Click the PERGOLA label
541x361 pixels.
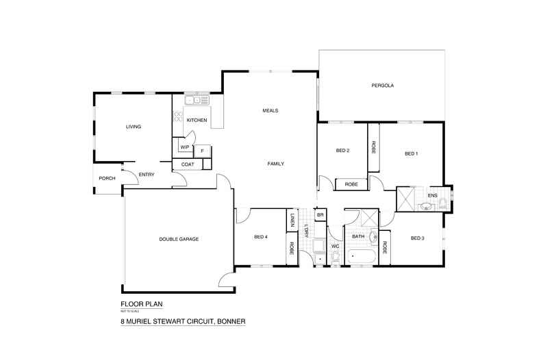point(383,86)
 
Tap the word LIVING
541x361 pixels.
point(132,127)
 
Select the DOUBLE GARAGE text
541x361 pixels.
point(179,238)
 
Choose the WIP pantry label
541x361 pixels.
point(184,147)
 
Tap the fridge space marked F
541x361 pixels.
point(203,150)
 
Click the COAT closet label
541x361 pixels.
point(188,164)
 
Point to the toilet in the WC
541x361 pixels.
point(335,257)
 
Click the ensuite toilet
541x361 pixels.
point(442,203)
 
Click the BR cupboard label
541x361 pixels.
point(320,215)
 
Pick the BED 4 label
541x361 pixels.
point(261,236)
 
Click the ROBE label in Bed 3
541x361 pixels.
point(385,247)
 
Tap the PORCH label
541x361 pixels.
point(107,179)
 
